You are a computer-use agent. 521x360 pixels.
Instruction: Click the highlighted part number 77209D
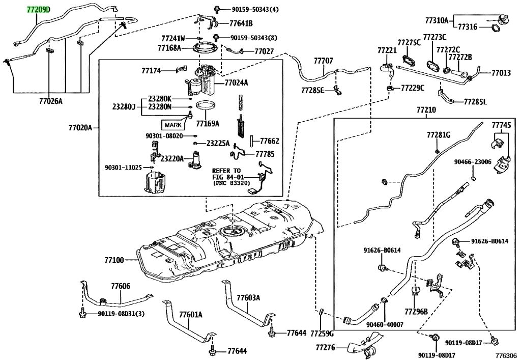tap(39, 10)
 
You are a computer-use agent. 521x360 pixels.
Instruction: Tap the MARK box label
tap(173, 125)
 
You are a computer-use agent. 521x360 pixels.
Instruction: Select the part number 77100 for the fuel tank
tap(114, 260)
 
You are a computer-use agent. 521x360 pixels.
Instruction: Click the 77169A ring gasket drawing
tap(206, 106)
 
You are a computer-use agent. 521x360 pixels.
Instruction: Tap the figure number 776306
tap(506, 355)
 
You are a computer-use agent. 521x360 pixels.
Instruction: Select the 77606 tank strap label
tap(120, 286)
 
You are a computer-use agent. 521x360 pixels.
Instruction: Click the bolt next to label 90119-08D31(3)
tap(82, 313)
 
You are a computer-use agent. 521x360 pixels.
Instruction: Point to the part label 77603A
tap(248, 297)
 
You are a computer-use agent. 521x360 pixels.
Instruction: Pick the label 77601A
tap(190, 314)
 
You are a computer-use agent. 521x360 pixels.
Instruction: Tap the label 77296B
tap(416, 312)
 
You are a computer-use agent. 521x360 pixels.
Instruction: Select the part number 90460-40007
tap(385, 324)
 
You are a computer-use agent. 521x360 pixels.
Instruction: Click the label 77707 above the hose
tap(323, 61)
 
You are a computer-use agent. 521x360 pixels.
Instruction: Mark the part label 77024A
tap(236, 83)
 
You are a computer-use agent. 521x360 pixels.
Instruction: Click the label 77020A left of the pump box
tap(80, 127)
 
